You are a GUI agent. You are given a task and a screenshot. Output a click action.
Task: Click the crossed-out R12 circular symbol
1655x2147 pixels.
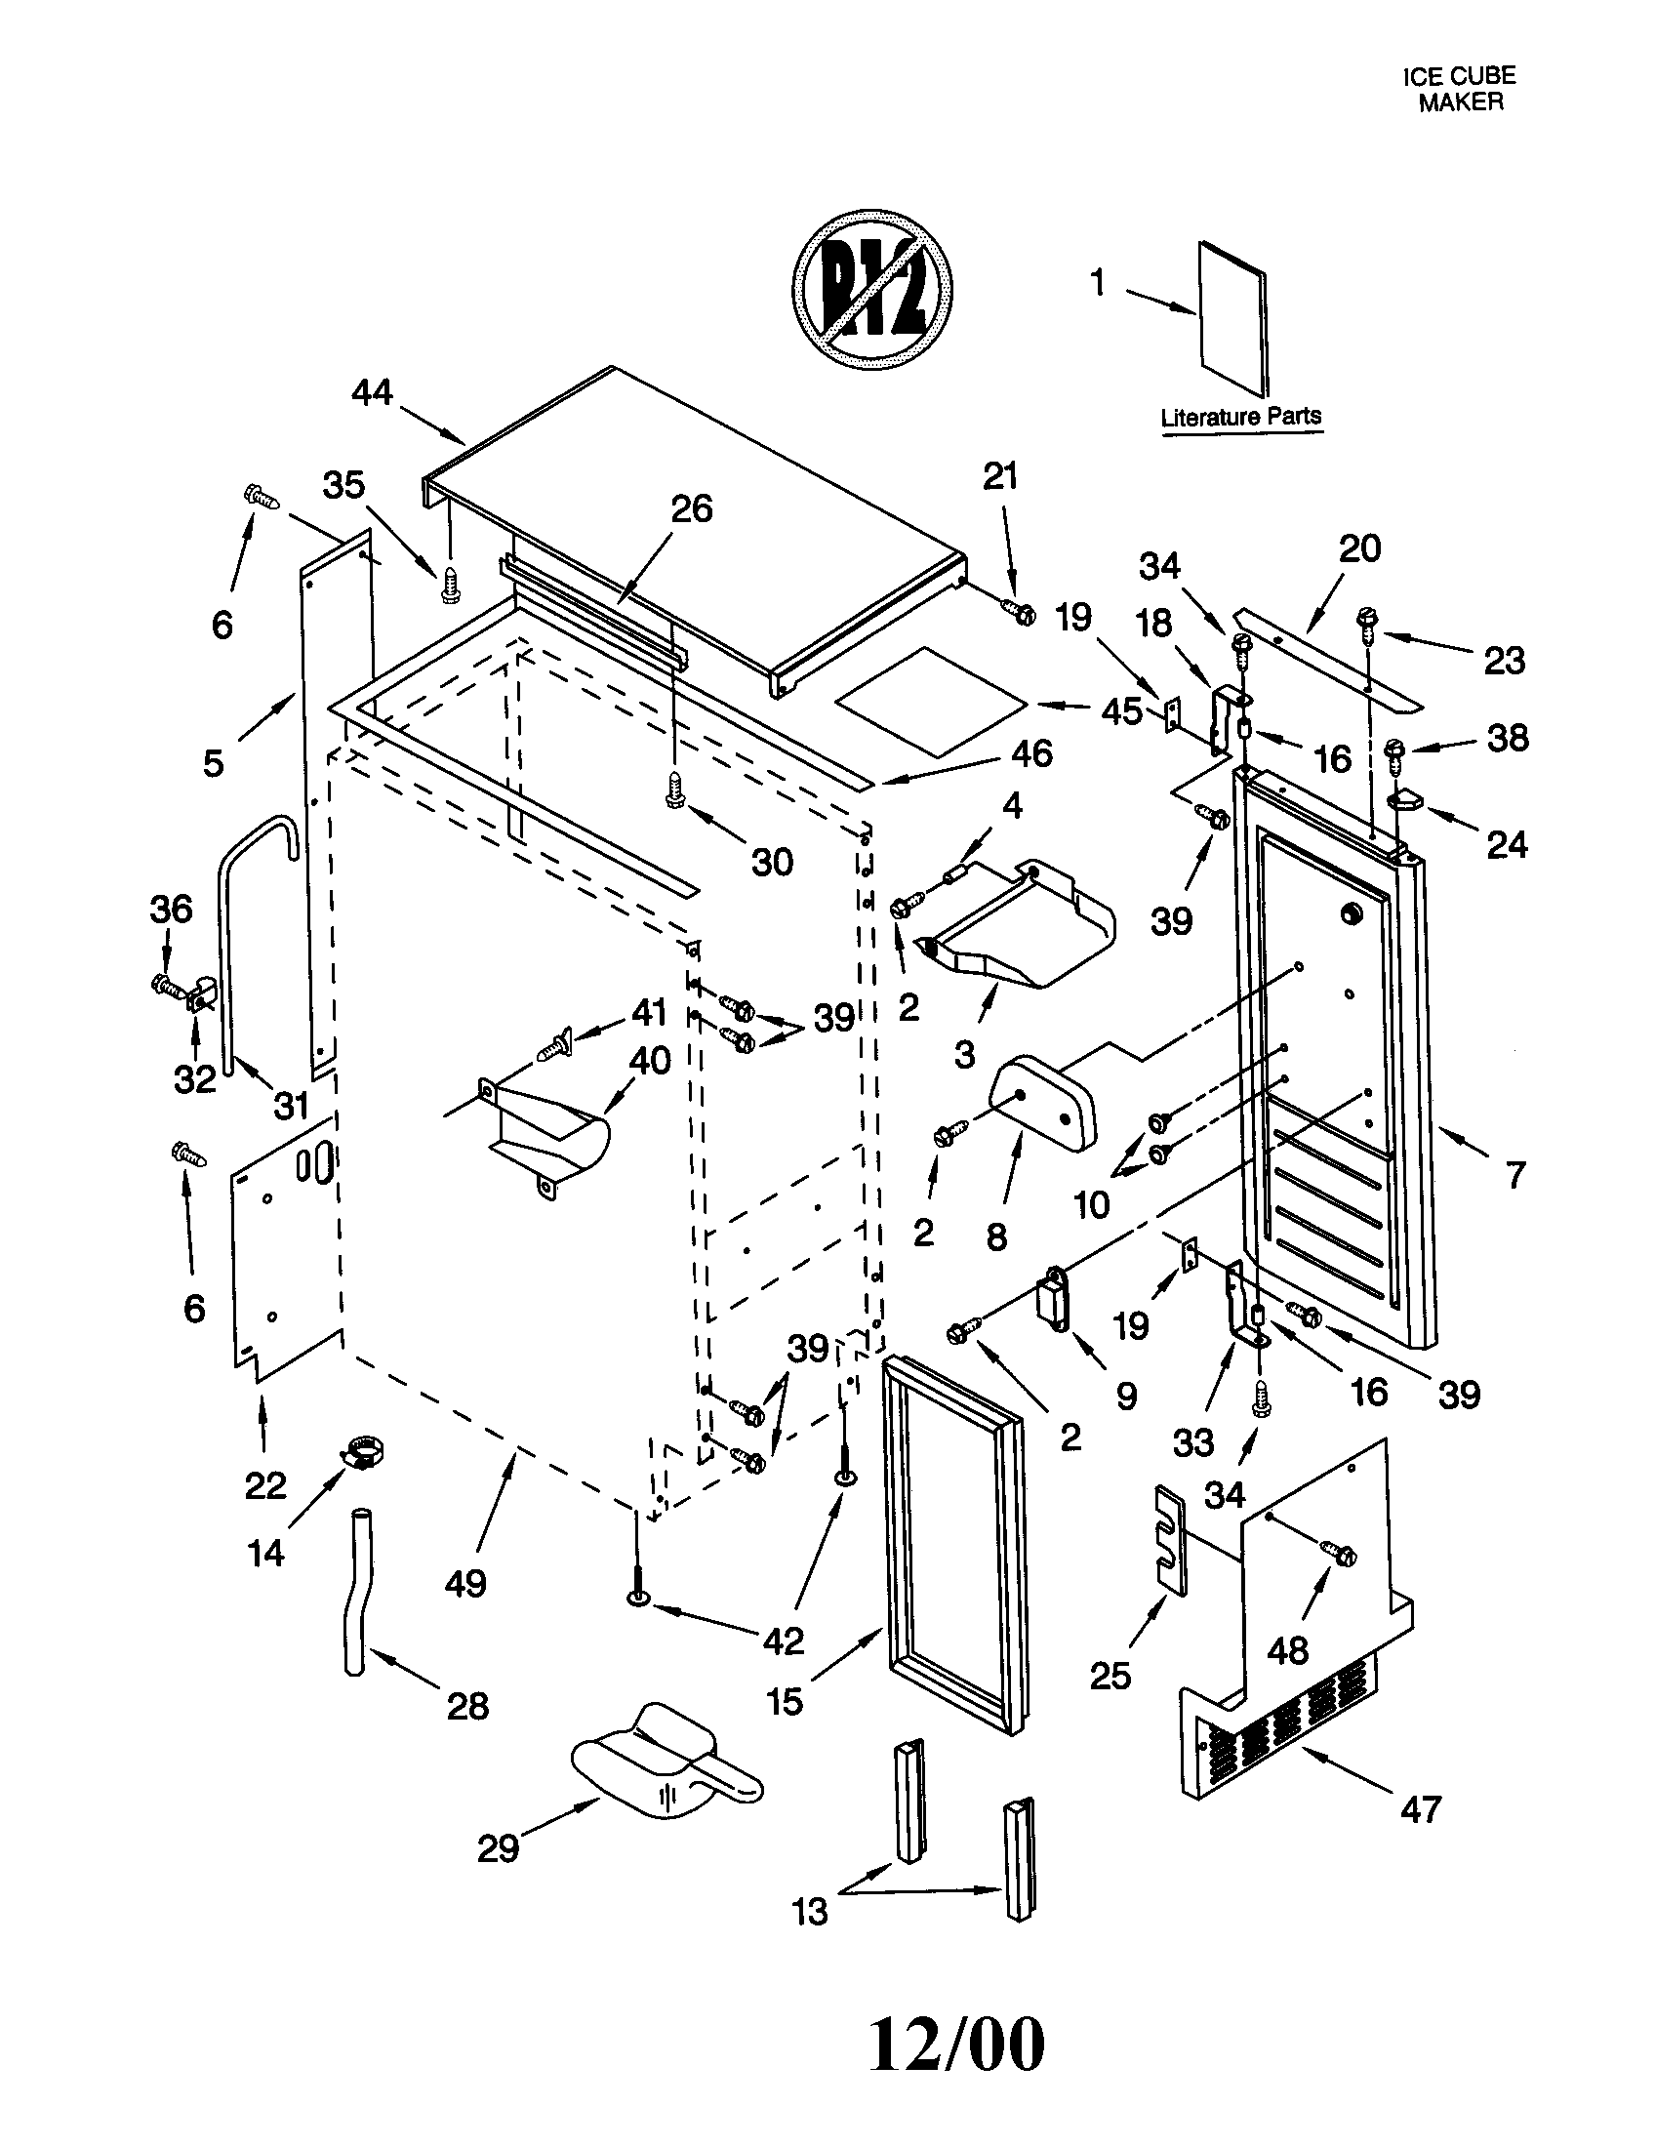click(x=872, y=289)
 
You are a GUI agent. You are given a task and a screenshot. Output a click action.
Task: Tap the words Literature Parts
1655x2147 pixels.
click(x=1240, y=417)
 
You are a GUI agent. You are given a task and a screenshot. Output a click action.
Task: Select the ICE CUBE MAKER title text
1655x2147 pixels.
click(x=1459, y=89)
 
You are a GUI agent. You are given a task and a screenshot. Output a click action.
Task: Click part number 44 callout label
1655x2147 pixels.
click(x=373, y=393)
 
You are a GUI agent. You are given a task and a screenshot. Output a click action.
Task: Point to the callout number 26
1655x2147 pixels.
click(x=692, y=509)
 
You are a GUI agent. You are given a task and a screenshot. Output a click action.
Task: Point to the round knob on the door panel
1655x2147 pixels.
click(x=1352, y=913)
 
